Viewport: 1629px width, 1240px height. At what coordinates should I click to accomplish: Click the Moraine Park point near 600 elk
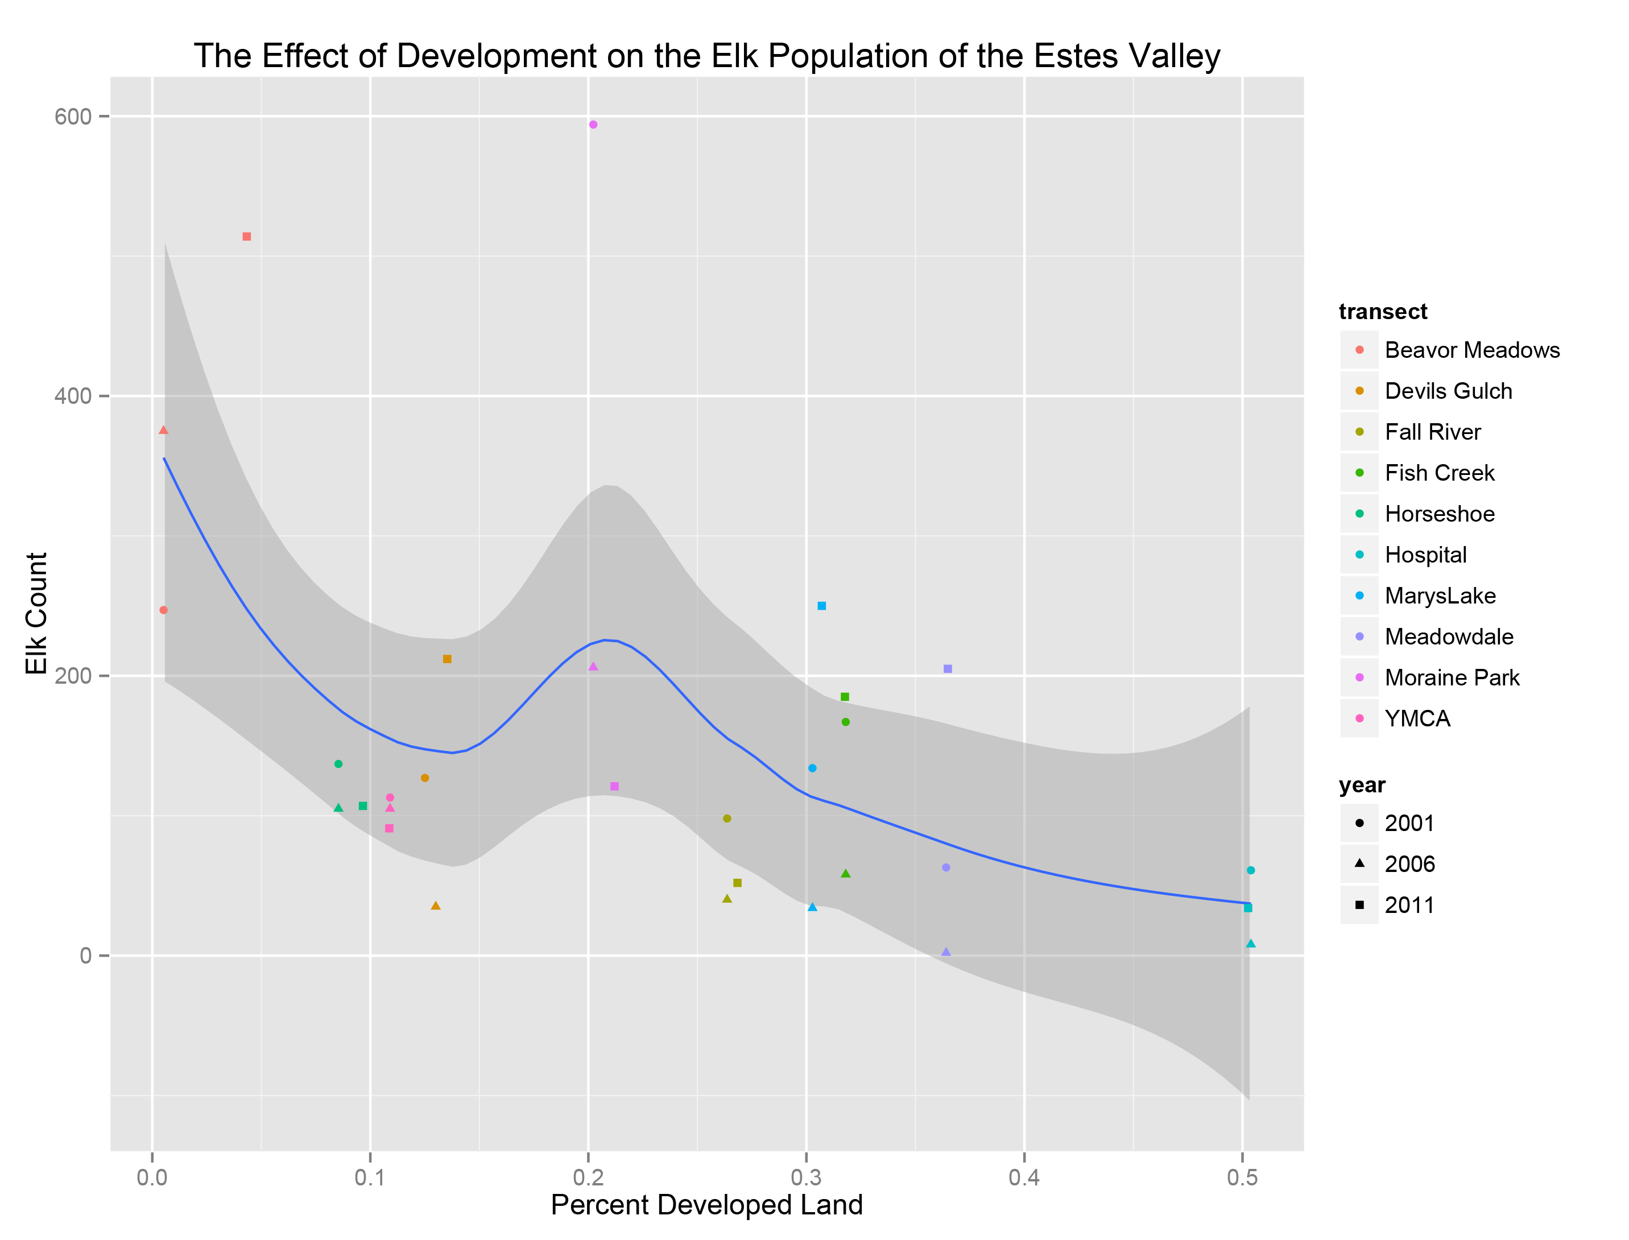[593, 125]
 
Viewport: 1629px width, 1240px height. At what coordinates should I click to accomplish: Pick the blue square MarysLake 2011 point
[821, 606]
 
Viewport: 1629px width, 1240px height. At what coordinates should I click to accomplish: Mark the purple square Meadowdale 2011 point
[948, 669]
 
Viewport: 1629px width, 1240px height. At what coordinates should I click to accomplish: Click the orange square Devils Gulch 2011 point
[446, 659]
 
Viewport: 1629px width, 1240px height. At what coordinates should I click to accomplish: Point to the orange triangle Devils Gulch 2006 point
[436, 906]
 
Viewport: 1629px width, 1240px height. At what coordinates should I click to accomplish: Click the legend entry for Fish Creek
[1438, 473]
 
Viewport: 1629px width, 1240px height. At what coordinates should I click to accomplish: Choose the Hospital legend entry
[1425, 555]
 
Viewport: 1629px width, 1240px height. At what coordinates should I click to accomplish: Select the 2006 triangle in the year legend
[1359, 863]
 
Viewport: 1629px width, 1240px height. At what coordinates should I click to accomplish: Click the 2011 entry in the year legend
[1408, 906]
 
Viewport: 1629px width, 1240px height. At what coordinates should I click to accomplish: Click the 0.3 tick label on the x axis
[806, 1178]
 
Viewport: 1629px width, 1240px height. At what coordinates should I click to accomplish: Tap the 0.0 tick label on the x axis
[152, 1178]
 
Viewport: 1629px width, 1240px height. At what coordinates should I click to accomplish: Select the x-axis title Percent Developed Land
[706, 1205]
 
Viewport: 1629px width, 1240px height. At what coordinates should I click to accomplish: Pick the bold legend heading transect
[1383, 312]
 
